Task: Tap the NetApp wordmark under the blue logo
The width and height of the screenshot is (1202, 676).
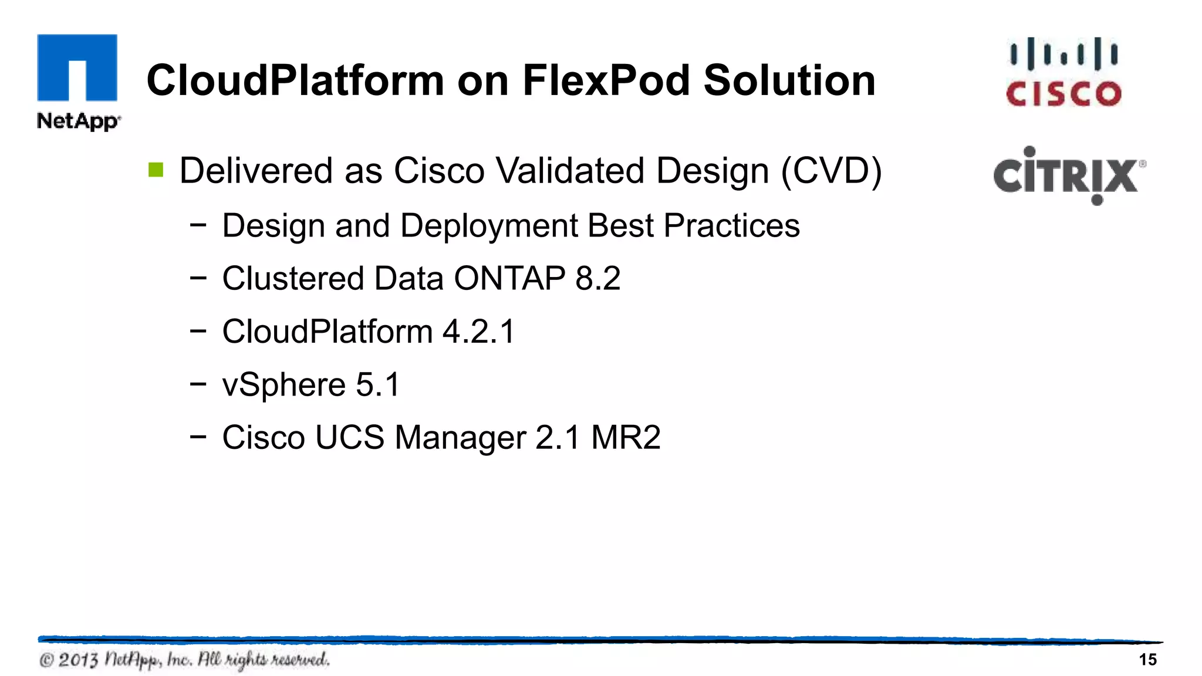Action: tap(78, 121)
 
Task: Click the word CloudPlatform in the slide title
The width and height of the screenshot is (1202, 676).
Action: tap(295, 80)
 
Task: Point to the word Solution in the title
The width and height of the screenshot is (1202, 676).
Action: tap(789, 80)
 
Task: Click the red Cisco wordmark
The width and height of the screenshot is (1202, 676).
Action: tap(1063, 94)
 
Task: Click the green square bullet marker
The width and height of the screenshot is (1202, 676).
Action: tap(156, 170)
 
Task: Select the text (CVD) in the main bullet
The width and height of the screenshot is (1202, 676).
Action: tap(831, 171)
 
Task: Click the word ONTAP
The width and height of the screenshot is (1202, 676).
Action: tap(509, 278)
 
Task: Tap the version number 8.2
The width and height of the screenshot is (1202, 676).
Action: tap(597, 278)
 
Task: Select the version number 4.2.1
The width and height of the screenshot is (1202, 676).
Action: tap(478, 332)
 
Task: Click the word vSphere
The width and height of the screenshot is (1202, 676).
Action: tap(283, 386)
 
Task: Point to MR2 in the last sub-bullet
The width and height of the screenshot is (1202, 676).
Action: tap(626, 438)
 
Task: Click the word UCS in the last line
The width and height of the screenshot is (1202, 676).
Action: tap(349, 438)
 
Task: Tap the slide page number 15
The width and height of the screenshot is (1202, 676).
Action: tap(1147, 660)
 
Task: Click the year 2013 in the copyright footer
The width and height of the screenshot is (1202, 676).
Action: tap(78, 660)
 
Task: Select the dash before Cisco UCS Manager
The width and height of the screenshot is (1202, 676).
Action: tap(198, 437)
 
